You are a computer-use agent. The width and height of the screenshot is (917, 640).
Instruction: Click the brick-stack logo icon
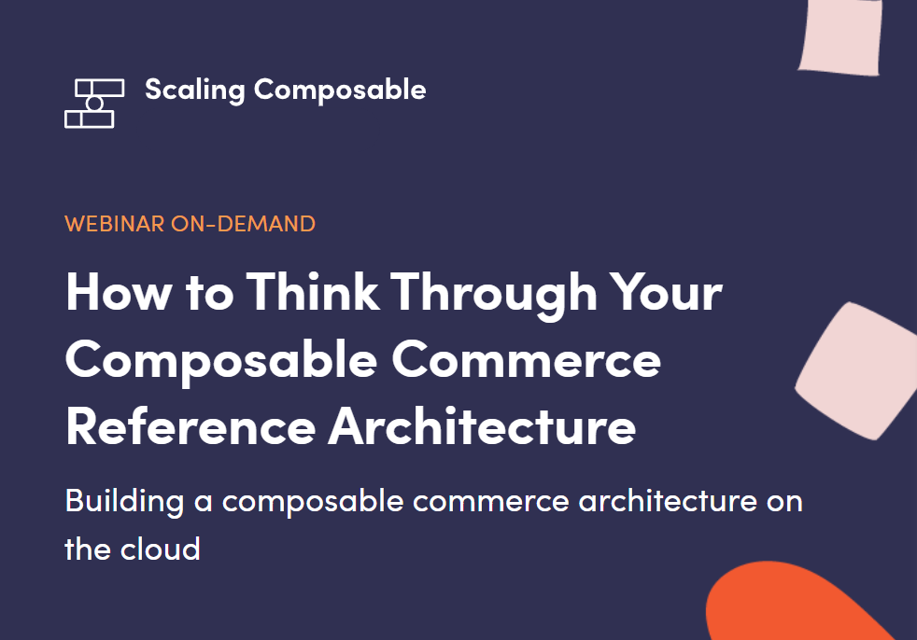pos(94,104)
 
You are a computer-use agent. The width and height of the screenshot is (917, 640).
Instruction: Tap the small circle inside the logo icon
pos(94,104)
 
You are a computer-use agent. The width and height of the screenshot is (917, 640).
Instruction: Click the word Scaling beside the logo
pos(195,90)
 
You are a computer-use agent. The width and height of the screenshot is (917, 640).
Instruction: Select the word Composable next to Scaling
pos(340,90)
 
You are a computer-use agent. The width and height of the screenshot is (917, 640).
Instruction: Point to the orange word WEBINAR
pos(115,224)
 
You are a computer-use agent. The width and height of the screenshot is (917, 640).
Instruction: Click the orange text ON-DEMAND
pos(243,224)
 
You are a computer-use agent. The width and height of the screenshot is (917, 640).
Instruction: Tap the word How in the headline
pos(119,292)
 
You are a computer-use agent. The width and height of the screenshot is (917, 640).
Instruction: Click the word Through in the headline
pos(494,295)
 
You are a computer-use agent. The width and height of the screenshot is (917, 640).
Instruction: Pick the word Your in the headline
pos(666,292)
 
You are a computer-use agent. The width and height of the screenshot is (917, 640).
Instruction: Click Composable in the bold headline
pos(221,361)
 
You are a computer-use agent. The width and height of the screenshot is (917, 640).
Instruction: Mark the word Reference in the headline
pos(190,426)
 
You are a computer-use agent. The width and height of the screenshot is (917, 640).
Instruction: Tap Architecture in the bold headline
pos(482,425)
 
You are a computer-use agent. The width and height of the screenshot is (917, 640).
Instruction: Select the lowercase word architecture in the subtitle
pos(668,502)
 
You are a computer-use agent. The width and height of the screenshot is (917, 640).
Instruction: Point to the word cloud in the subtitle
pos(161,549)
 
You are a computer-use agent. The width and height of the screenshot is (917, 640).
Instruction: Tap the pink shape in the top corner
pos(841,36)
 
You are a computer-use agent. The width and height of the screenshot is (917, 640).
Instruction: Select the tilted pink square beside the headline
pos(856,370)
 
